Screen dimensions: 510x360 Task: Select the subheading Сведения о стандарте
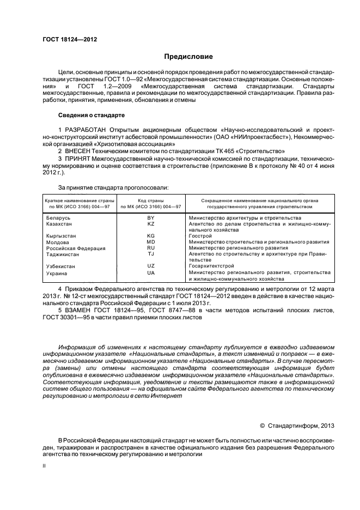[x=91, y=115]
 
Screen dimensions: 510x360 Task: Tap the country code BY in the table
[x=151, y=218]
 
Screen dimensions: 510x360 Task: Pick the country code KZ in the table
[x=151, y=224]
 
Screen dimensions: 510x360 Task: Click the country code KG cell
[x=151, y=236]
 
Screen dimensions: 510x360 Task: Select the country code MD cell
[x=151, y=242]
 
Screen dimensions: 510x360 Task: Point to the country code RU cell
[x=151, y=248]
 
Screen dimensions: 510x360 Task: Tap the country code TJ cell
[x=151, y=254]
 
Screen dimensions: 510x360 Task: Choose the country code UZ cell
[x=151, y=266]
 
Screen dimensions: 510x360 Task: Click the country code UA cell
[x=151, y=272]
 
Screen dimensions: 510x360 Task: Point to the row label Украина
[x=57, y=272]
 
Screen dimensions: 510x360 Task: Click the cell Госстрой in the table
[x=199, y=236]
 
